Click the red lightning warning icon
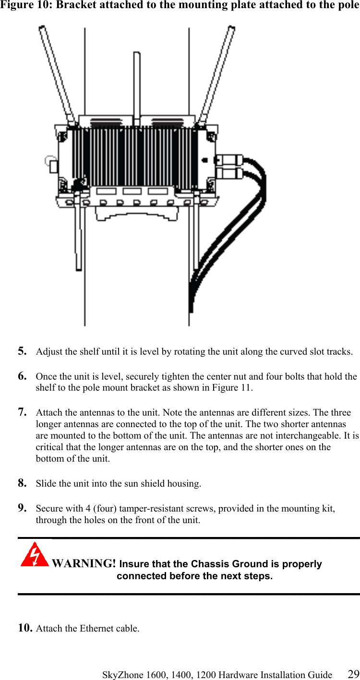pos(34,555)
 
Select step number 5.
pos(22,351)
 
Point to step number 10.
pos(25,628)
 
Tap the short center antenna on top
pos(136,86)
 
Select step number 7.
pos(22,412)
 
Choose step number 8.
pos(22,483)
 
